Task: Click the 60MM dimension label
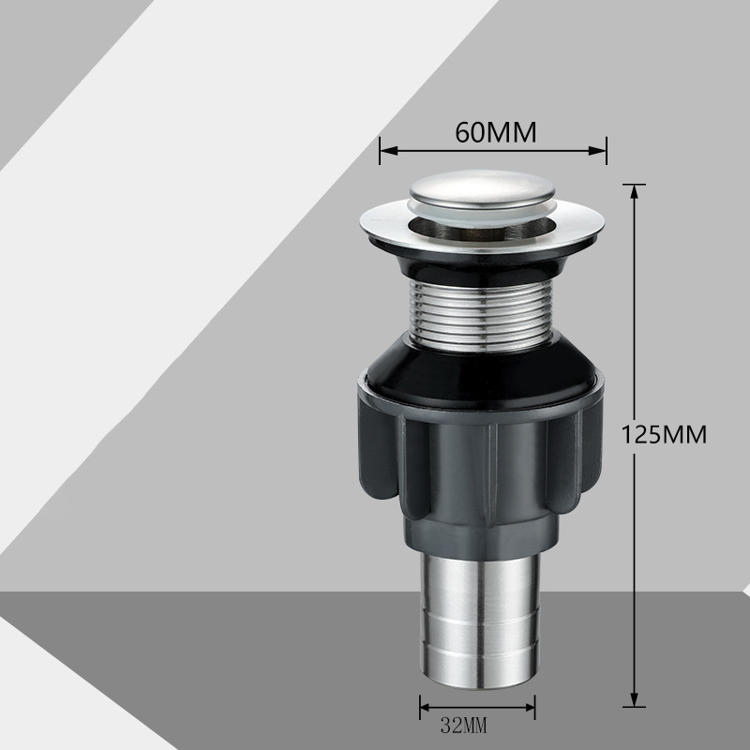496,132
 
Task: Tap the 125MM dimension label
664,435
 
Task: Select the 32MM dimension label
463,726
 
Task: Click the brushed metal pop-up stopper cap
482,191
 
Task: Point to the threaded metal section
481,316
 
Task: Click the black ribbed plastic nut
480,459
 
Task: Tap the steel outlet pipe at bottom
480,621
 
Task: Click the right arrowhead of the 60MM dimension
598,151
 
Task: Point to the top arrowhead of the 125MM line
635,192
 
